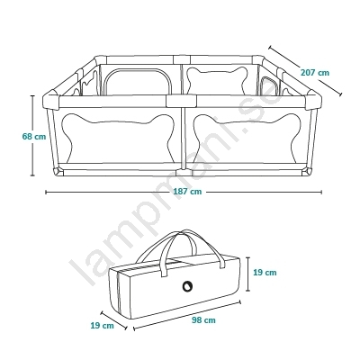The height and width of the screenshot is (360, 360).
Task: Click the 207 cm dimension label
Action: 315,73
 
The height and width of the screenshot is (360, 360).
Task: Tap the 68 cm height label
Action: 34,137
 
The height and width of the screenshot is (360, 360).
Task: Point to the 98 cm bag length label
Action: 203,320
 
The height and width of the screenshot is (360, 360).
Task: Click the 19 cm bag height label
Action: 265,273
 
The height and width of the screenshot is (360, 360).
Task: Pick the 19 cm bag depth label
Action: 103,325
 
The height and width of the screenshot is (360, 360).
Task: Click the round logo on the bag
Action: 187,286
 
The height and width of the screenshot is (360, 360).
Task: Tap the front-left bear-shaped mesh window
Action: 118,138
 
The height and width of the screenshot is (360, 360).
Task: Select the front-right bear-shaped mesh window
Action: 247,138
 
